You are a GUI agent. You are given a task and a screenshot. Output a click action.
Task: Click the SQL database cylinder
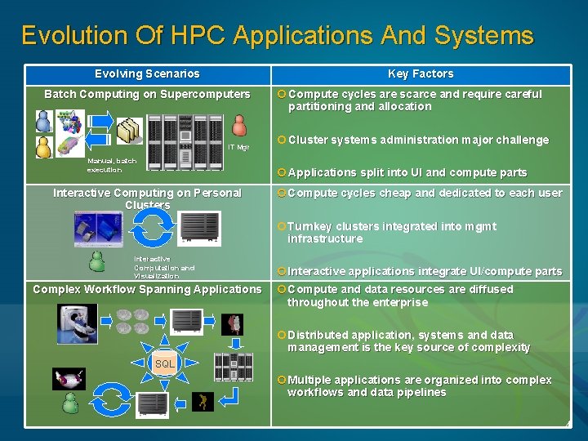tap(165, 363)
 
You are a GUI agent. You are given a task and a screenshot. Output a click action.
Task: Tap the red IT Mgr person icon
tap(239, 126)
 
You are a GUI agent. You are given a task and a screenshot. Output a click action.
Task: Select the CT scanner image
tap(76, 323)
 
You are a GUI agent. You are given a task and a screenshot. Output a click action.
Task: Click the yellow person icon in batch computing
tap(44, 147)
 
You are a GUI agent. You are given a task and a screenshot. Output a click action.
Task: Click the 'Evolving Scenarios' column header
tap(147, 73)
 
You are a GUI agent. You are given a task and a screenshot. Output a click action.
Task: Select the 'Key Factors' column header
tap(421, 73)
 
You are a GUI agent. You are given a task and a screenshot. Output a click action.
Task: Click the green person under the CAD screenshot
tap(97, 261)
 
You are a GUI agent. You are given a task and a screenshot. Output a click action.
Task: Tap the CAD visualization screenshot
tap(97, 229)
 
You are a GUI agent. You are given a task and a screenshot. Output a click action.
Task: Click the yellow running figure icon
tap(203, 401)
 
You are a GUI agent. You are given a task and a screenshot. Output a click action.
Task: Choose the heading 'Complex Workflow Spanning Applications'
tap(147, 289)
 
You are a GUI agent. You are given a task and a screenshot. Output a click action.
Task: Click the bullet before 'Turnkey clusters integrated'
tap(281, 226)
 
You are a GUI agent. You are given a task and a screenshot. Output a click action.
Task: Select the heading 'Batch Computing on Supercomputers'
tap(147, 94)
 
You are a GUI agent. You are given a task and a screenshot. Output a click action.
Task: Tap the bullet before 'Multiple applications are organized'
tap(281, 380)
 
